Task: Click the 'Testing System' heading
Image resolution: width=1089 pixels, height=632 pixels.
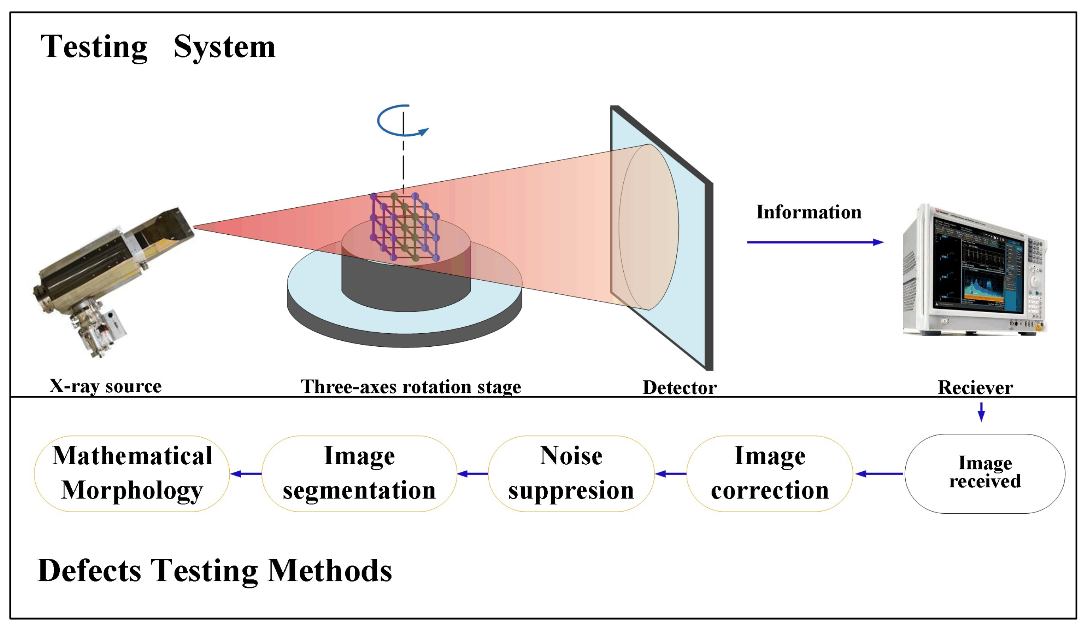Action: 158,47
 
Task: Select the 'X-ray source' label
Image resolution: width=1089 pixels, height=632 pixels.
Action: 105,386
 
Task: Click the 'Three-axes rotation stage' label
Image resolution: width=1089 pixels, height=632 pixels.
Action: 411,387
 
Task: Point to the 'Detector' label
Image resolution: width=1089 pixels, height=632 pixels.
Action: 679,387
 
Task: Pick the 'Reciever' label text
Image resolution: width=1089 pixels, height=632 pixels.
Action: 975,387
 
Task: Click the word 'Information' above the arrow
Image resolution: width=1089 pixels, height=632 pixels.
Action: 809,212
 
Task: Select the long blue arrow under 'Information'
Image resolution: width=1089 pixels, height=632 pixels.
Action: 815,242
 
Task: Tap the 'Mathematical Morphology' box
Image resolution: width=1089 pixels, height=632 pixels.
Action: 132,474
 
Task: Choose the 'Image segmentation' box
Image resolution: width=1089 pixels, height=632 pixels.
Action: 359,474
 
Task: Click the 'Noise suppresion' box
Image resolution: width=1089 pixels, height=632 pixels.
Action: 571,474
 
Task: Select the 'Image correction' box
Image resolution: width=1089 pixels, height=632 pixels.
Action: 770,474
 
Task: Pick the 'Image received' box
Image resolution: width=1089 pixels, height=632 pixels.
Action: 984,474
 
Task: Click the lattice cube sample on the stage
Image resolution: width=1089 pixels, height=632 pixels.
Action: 404,227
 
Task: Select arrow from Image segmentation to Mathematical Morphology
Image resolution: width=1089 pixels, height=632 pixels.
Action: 246,474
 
